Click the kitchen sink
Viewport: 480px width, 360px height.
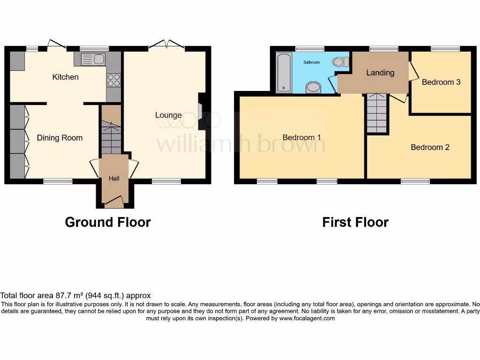[93, 59]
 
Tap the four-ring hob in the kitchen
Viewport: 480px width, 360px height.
[113, 80]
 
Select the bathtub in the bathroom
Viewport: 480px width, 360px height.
[284, 73]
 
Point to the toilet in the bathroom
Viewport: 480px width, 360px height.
[341, 62]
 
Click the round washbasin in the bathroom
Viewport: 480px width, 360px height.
[313, 88]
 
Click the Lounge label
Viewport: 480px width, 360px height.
[168, 115]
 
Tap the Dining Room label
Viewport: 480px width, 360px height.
[60, 138]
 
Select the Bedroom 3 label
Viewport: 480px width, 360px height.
[441, 82]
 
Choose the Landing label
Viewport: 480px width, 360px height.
[380, 73]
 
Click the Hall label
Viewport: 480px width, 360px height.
[114, 179]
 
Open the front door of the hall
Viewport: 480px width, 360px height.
[114, 202]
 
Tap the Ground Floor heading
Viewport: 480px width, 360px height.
[108, 222]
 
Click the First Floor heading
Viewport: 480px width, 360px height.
[355, 222]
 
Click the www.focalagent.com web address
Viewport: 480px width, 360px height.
[307, 318]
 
